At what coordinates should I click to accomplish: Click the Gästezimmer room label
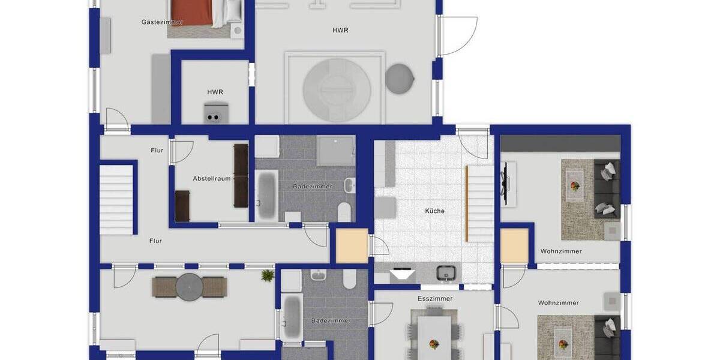pos(162,22)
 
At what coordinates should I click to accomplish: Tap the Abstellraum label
pos(212,179)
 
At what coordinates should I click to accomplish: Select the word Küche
pos(435,211)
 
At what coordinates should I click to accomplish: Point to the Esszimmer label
pos(435,299)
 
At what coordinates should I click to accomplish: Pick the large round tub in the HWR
pos(337,89)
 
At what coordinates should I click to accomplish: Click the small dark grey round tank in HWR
pos(399,78)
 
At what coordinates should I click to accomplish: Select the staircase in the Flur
pos(116,199)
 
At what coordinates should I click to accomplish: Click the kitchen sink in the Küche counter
pos(446,273)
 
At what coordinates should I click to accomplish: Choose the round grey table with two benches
pos(189,287)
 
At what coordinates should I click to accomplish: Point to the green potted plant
pos(268,275)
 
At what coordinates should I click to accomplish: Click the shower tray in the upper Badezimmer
pos(335,150)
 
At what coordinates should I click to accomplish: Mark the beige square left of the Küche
pos(352,246)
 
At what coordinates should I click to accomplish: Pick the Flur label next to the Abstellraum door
pos(157,150)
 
